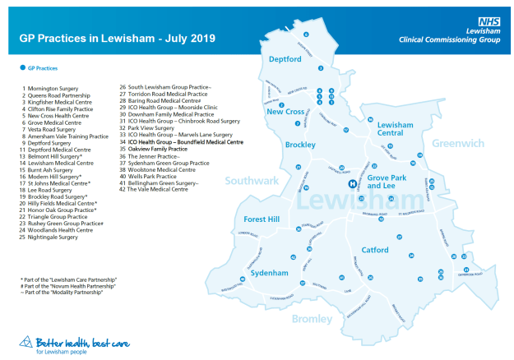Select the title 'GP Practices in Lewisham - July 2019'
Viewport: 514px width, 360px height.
coord(118,38)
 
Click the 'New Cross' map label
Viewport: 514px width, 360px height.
coord(285,111)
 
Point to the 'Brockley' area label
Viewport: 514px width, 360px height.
coord(299,145)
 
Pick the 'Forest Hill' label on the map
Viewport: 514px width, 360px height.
coord(262,219)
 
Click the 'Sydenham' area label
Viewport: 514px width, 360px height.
coord(268,270)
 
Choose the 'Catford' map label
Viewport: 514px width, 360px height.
coord(375,249)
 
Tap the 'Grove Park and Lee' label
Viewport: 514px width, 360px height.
coord(386,182)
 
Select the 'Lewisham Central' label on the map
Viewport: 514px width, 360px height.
coord(394,127)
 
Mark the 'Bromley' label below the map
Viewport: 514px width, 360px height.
coord(310,319)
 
